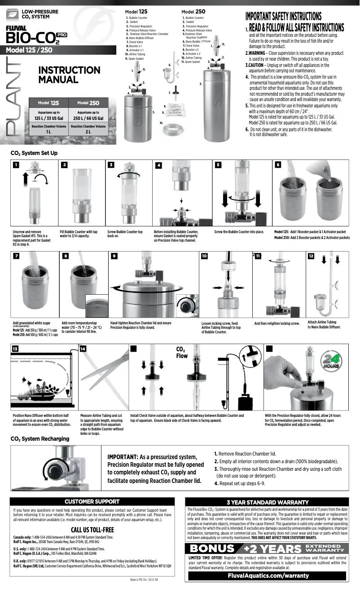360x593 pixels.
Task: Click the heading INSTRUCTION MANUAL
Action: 69,75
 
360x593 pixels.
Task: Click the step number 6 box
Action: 278,165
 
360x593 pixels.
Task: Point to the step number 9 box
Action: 114,256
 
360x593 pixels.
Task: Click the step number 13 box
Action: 16,349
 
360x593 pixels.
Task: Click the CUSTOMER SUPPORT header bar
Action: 92,501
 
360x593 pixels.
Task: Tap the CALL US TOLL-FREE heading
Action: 92,529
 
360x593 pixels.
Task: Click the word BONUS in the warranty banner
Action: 212,548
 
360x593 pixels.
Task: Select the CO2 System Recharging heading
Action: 40,438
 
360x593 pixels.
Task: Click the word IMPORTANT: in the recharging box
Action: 123,456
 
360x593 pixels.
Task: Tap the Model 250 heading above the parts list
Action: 193,11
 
